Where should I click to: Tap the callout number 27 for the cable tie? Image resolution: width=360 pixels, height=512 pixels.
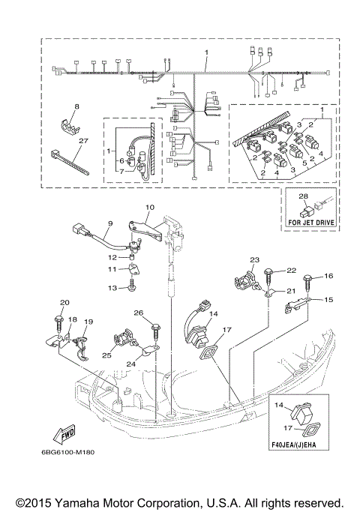[84, 141]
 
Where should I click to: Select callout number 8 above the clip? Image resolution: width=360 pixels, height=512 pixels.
[76, 106]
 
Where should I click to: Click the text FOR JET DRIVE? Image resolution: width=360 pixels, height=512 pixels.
[311, 223]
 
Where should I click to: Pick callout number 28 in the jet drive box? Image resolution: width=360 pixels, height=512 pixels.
[304, 196]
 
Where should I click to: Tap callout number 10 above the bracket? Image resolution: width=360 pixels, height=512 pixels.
[150, 207]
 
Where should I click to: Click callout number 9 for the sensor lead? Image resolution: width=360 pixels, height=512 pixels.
[110, 223]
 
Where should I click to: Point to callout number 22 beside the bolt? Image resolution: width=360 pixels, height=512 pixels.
[292, 271]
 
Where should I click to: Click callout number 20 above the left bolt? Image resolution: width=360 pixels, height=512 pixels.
[64, 303]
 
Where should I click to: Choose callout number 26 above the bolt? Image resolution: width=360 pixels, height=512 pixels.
[139, 313]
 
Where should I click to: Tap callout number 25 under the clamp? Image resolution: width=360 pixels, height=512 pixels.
[106, 355]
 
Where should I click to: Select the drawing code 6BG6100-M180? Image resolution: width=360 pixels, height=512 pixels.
[68, 453]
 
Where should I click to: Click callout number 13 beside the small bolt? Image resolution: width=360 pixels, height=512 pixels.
[112, 288]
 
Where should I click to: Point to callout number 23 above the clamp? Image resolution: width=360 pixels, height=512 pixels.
[254, 260]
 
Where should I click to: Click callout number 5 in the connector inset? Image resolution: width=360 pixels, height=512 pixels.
[304, 162]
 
